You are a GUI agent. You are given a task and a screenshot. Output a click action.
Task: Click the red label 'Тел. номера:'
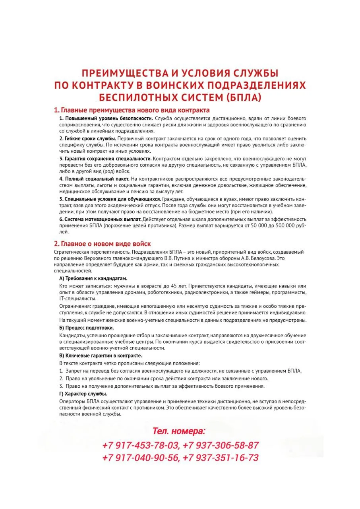(x=179, y=431)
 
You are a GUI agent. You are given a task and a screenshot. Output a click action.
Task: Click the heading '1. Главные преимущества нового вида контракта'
(x=132, y=110)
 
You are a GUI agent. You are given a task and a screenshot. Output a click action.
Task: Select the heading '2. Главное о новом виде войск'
(x=102, y=244)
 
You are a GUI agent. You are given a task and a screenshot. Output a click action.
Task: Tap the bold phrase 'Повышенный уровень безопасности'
(x=106, y=119)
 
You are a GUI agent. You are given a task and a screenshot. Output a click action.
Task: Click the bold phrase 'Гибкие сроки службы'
(x=88, y=138)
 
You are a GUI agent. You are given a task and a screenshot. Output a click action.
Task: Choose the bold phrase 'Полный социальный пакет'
(x=94, y=179)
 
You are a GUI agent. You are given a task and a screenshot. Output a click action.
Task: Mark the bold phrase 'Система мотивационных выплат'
(x=100, y=219)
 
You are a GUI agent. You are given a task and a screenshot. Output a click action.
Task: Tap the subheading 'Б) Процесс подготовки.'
(x=86, y=328)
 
